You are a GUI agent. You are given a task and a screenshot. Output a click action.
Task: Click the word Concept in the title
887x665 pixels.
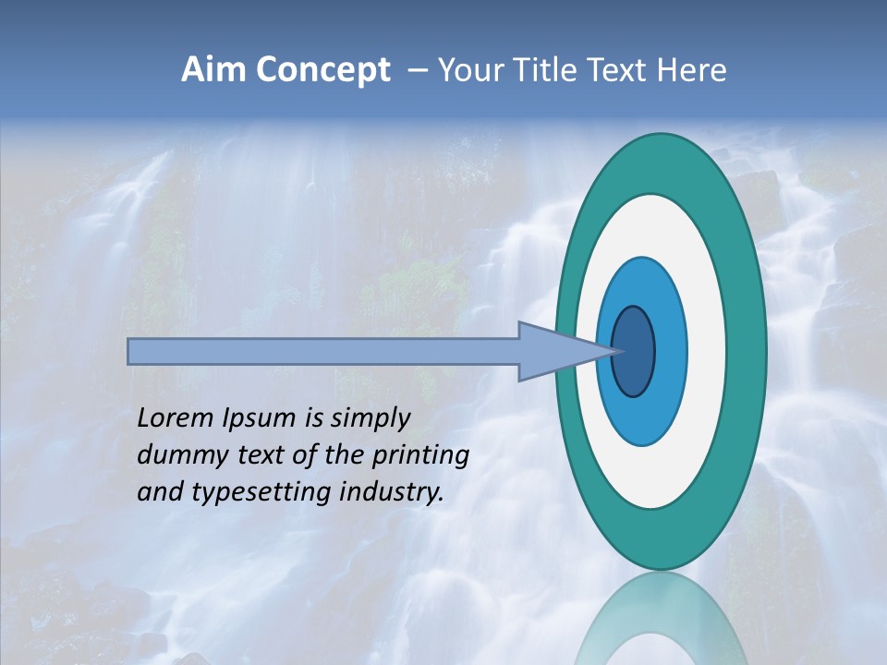click(322, 70)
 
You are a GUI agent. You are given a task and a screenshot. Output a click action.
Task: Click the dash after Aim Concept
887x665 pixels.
click(416, 71)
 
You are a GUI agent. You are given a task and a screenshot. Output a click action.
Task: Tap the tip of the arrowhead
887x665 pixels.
click(617, 351)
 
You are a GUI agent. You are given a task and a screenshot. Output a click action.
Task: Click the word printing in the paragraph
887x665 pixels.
click(420, 456)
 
